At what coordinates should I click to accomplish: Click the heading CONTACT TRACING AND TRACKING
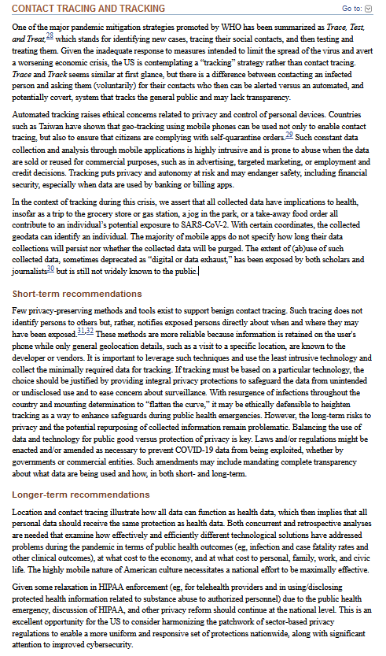(88, 8)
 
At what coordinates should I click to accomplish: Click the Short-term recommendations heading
(77, 293)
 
